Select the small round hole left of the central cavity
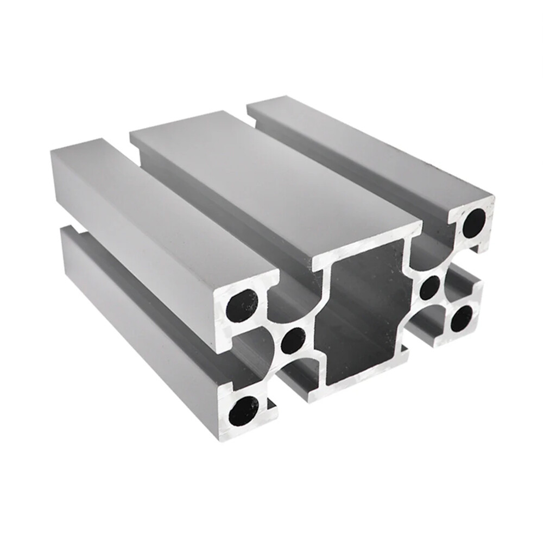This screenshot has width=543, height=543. click(x=293, y=340)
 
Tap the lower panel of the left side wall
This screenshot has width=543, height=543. click(x=136, y=315)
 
